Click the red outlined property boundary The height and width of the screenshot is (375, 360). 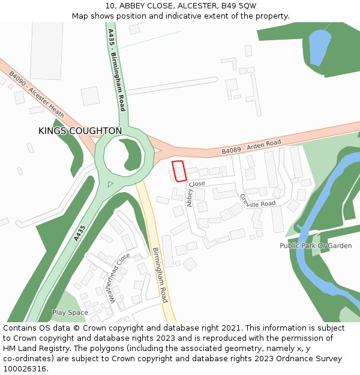pyautogui.click(x=179, y=170)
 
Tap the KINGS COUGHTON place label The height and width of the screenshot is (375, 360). pyautogui.click(x=80, y=131)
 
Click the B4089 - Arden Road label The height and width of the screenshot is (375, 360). pyautogui.click(x=251, y=147)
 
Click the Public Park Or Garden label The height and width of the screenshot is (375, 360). pyautogui.click(x=316, y=246)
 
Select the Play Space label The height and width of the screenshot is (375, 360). pyautogui.click(x=70, y=313)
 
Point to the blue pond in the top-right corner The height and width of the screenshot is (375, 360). pyautogui.click(x=319, y=45)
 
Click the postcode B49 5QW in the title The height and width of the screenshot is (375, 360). pyautogui.click(x=239, y=5)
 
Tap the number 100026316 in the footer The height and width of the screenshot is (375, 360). pyautogui.click(x=25, y=369)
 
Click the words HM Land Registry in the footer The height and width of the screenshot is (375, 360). pyautogui.click(x=32, y=349)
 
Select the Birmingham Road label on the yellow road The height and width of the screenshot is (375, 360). pyautogui.click(x=160, y=275)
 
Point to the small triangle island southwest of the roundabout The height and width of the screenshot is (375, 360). pyautogui.click(x=109, y=184)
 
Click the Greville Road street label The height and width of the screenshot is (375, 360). pyautogui.click(x=257, y=202)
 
